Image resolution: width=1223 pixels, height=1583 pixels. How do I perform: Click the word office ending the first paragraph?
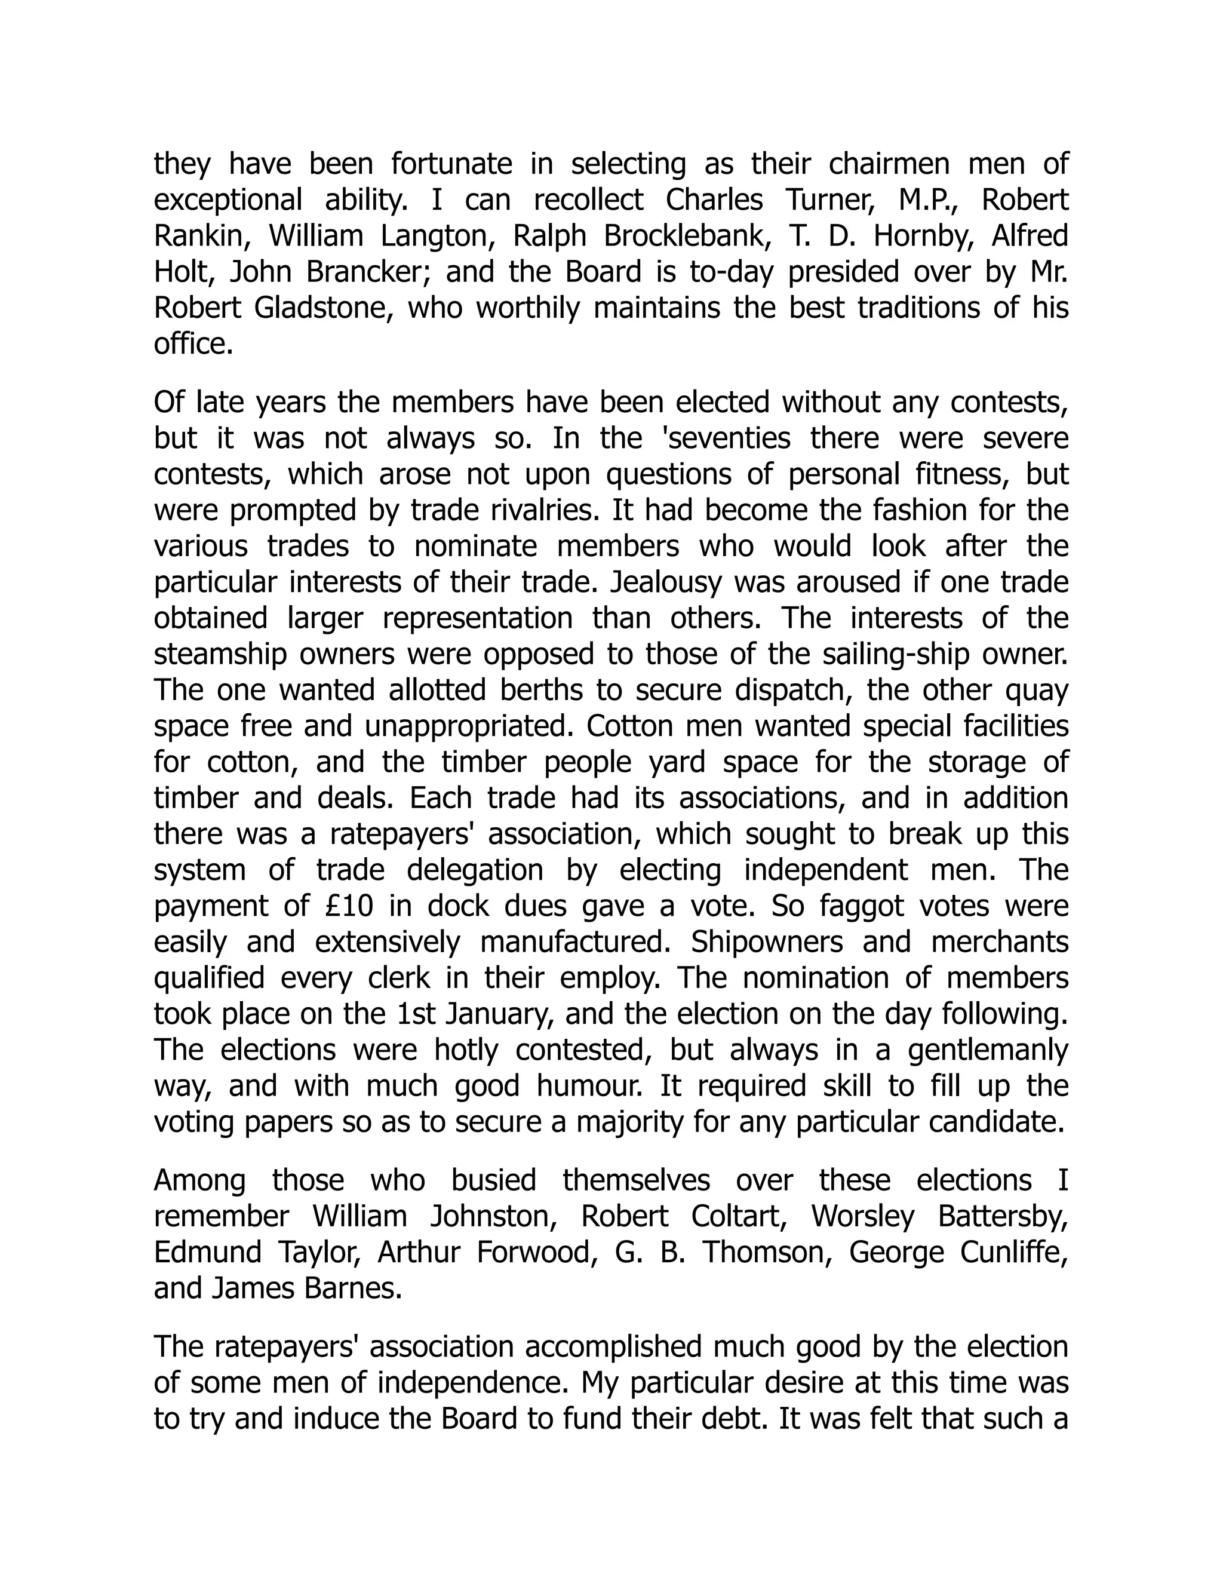pos(193,344)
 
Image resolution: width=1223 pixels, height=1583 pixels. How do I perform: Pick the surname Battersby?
pos(1003,1216)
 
